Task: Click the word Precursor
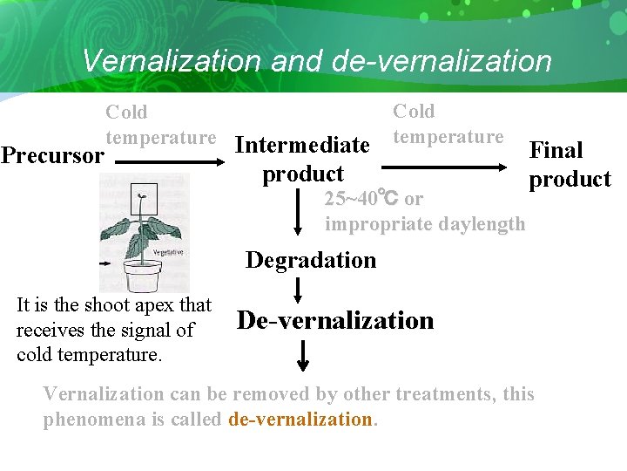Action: pos(52,156)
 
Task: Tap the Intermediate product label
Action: pos(303,159)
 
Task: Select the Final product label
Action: pos(569,165)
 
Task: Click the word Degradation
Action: pos(311,260)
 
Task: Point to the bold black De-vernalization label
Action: pos(335,320)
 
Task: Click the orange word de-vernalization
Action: pos(300,419)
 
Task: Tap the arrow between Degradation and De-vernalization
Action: pos(298,289)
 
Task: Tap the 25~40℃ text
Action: pos(361,199)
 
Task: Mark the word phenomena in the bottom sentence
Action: pos(90,419)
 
